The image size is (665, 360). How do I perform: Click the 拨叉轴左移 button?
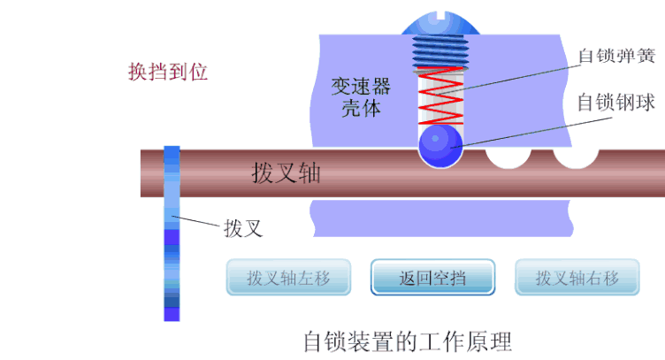click(288, 278)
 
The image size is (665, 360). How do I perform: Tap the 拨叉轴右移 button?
click(577, 278)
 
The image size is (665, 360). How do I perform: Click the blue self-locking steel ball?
click(440, 146)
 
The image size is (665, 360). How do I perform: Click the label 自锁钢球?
click(615, 103)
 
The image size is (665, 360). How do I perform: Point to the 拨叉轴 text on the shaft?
click(286, 173)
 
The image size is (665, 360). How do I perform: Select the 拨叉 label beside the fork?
click(244, 228)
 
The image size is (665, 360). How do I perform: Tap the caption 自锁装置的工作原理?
click(407, 339)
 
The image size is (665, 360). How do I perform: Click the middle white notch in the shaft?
click(508, 158)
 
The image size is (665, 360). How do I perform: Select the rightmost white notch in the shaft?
click(576, 159)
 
